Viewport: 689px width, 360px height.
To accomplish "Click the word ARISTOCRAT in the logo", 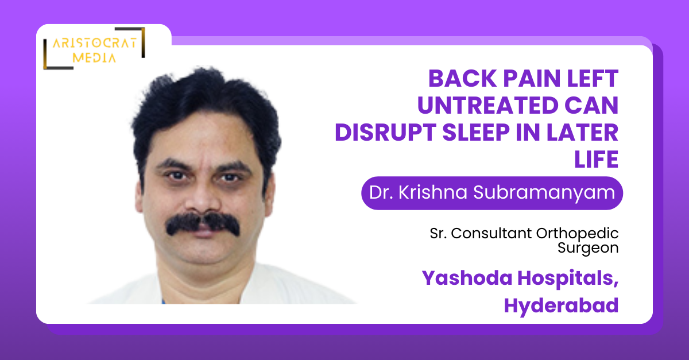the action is coord(95,43).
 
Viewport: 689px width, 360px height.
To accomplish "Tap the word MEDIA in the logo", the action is coord(94,57).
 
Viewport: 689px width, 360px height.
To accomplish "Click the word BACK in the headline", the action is coord(462,79).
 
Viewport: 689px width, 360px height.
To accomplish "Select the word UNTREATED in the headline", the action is coord(487,105).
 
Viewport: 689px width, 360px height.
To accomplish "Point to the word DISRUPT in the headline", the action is coord(385,132).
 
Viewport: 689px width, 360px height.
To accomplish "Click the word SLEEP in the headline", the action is coord(476,132).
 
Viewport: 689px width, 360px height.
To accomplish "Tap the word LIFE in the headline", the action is coord(596,159).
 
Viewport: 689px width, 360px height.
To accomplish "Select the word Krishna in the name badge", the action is coord(433,192).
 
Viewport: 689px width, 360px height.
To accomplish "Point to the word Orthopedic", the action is coord(577,234).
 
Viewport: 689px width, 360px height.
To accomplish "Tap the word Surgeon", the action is coord(588,248).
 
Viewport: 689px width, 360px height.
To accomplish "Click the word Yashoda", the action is coord(467,278).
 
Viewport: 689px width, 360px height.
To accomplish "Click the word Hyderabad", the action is coord(561,305).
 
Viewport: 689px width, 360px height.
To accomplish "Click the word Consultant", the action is coord(491,233).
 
